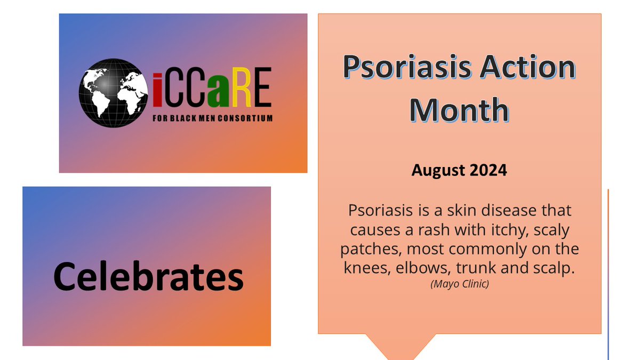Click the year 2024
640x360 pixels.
(x=489, y=171)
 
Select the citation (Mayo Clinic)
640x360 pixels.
(x=459, y=284)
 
